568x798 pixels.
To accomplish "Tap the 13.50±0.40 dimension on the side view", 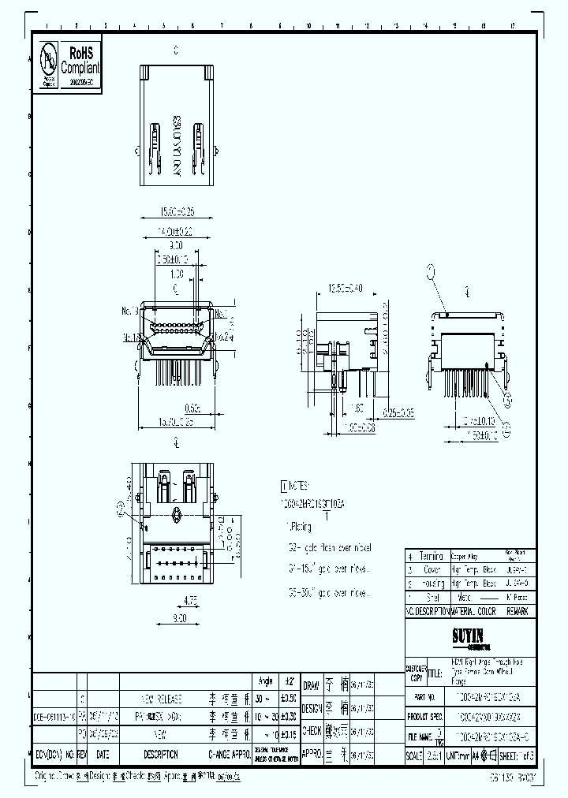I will point(344,289).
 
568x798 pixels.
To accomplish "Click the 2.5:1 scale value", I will point(434,755).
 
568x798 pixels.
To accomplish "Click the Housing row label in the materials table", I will point(432,584).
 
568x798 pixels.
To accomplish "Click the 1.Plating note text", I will point(297,526).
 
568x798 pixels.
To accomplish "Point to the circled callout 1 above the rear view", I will point(432,273).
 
